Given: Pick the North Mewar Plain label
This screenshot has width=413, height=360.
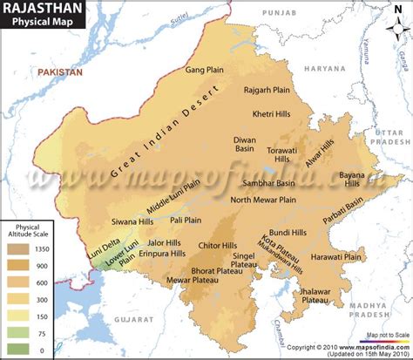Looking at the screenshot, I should [x=264, y=200].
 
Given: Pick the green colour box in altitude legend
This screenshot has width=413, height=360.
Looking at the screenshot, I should [x=20, y=332].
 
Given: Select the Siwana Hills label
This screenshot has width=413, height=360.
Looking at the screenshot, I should [x=132, y=221].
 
